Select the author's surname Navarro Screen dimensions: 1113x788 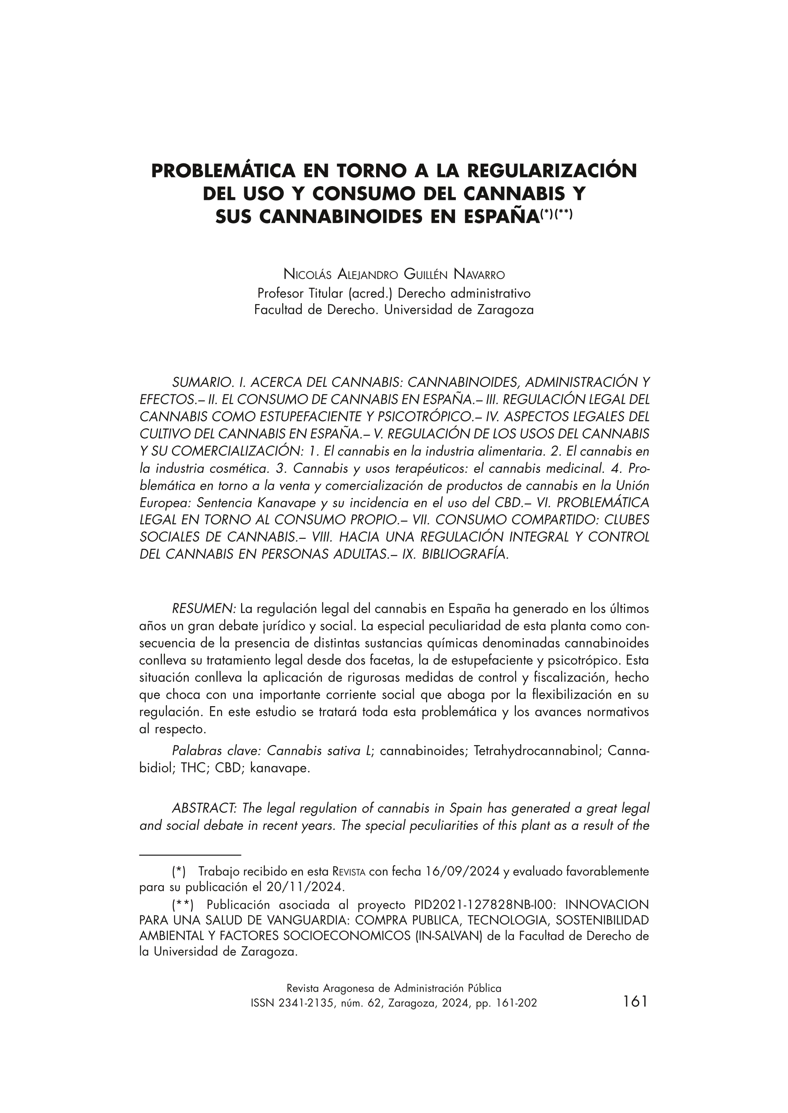click(x=479, y=275)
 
